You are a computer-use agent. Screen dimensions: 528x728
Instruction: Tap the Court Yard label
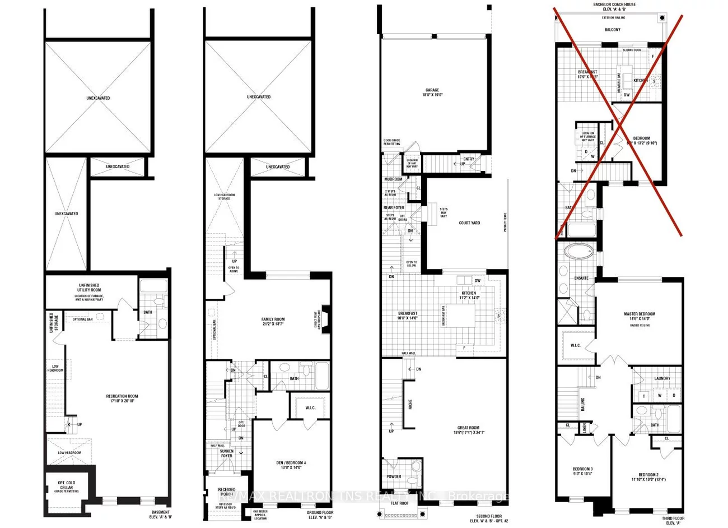(x=469, y=223)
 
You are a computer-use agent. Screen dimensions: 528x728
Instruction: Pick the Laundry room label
(x=662, y=378)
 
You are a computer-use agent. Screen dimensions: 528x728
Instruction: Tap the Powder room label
(x=394, y=476)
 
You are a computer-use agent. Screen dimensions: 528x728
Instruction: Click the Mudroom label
(x=393, y=179)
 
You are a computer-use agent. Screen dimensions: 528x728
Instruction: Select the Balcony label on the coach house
(x=612, y=30)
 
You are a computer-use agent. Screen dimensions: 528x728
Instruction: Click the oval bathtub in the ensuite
(x=576, y=250)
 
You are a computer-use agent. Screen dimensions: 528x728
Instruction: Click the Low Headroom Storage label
(x=224, y=197)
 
